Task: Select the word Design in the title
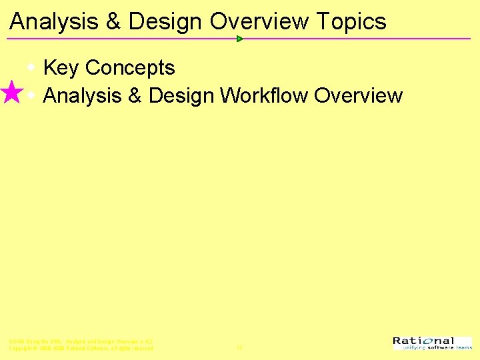165,22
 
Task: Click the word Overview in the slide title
259,22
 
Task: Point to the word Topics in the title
351,22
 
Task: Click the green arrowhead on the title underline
240,39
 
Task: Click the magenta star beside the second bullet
11,93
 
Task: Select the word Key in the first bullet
61,68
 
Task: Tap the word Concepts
130,68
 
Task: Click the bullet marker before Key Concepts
31,67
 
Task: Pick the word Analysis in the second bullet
81,96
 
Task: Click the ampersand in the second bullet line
134,96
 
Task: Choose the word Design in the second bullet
181,96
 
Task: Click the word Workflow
264,96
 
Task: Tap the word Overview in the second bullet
358,96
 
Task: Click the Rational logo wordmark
423,341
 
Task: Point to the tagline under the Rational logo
433,348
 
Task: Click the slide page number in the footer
239,347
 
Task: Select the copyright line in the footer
81,349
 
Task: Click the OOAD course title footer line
81,341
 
